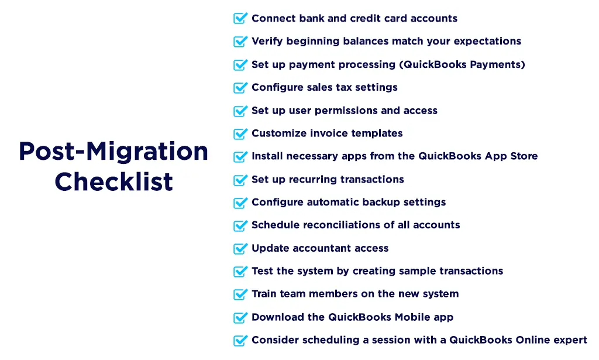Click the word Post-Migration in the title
click(113, 152)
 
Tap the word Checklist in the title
click(113, 181)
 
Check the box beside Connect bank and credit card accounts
click(240, 19)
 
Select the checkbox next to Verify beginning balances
click(240, 42)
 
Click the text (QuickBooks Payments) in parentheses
click(462, 64)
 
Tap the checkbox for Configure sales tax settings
click(240, 88)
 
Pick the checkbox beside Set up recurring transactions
click(240, 180)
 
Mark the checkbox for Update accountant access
click(240, 249)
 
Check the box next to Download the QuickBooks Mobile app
click(240, 318)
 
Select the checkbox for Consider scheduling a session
click(240, 341)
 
